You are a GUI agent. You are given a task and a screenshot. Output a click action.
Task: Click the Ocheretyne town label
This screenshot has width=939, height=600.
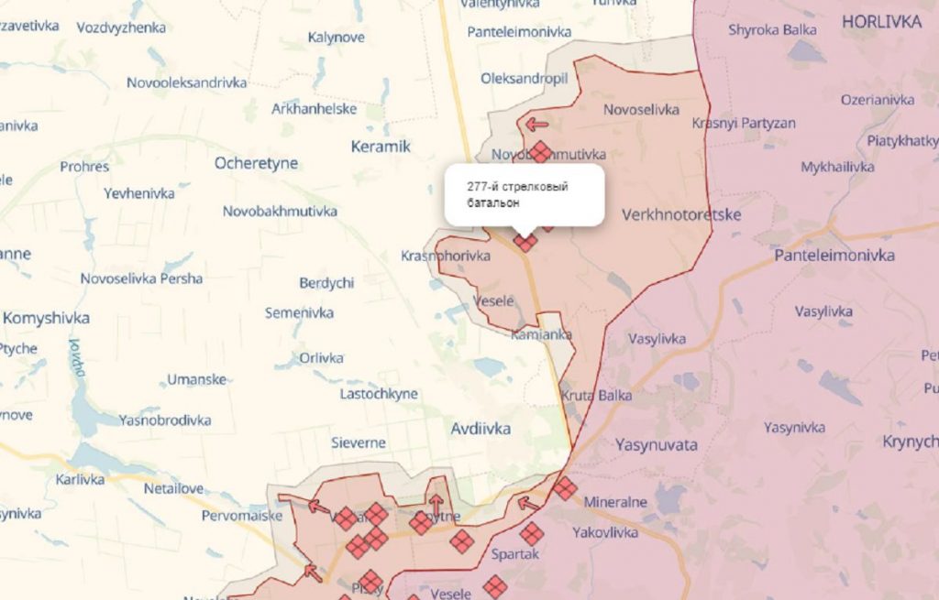pos(256,163)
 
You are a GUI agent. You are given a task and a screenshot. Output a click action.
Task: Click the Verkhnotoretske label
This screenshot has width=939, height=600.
pos(680,214)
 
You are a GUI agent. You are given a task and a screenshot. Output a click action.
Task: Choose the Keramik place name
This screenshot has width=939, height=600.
pos(381,146)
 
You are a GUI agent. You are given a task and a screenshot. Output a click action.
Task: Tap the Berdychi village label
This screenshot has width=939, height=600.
pos(326,283)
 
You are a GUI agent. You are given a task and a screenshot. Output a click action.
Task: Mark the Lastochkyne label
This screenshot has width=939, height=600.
pos(379,394)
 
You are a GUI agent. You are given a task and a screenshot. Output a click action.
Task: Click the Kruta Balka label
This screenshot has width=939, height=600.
pos(595,396)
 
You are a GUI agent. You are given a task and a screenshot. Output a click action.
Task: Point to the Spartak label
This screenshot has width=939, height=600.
pos(514,554)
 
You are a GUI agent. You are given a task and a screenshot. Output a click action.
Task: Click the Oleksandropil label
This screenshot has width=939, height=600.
pos(524,79)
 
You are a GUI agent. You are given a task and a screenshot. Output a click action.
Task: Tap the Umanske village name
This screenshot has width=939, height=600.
pos(196,379)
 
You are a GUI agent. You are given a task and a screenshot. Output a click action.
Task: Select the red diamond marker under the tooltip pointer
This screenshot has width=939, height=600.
pos(525,242)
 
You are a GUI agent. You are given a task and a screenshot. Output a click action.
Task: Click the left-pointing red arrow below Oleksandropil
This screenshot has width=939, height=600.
pos(536,124)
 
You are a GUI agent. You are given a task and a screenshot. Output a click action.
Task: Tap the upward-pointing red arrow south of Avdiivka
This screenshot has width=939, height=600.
pos(436,503)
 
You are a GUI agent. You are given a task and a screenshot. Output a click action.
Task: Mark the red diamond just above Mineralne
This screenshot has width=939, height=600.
pos(565,488)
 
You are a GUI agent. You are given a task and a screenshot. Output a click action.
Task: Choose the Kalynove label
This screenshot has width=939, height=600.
pos(337,38)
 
